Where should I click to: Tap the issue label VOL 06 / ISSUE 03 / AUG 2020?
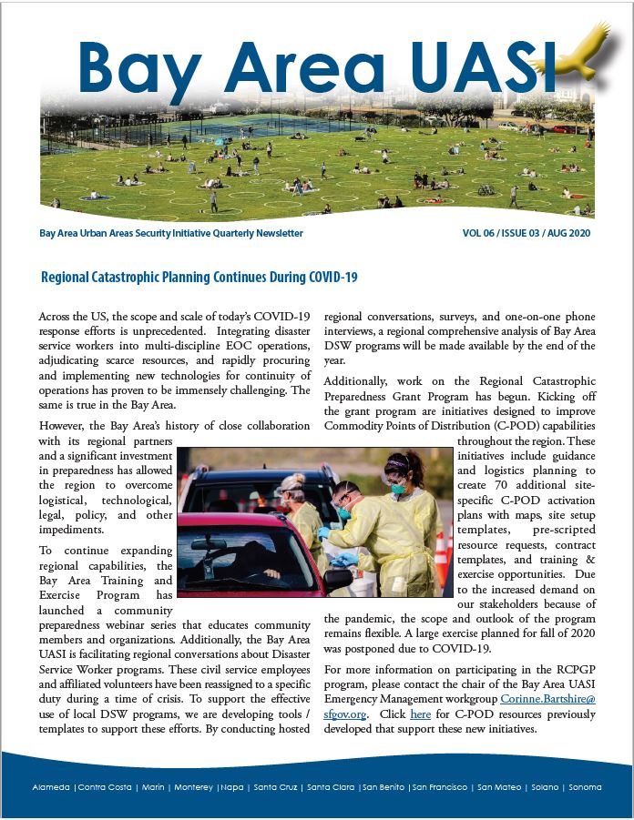tap(527, 234)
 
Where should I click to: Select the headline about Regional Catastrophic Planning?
tap(199, 276)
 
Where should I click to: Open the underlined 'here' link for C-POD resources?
tap(420, 714)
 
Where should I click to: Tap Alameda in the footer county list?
tap(51, 787)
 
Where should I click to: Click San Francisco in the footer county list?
tap(440, 787)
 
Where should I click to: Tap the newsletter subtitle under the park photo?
tap(171, 234)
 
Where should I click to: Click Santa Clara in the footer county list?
tap(332, 787)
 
